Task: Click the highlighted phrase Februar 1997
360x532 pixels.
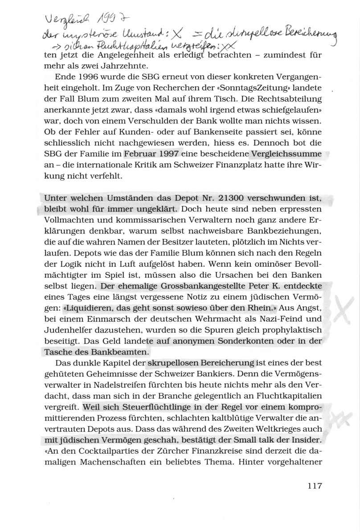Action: coord(151,154)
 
